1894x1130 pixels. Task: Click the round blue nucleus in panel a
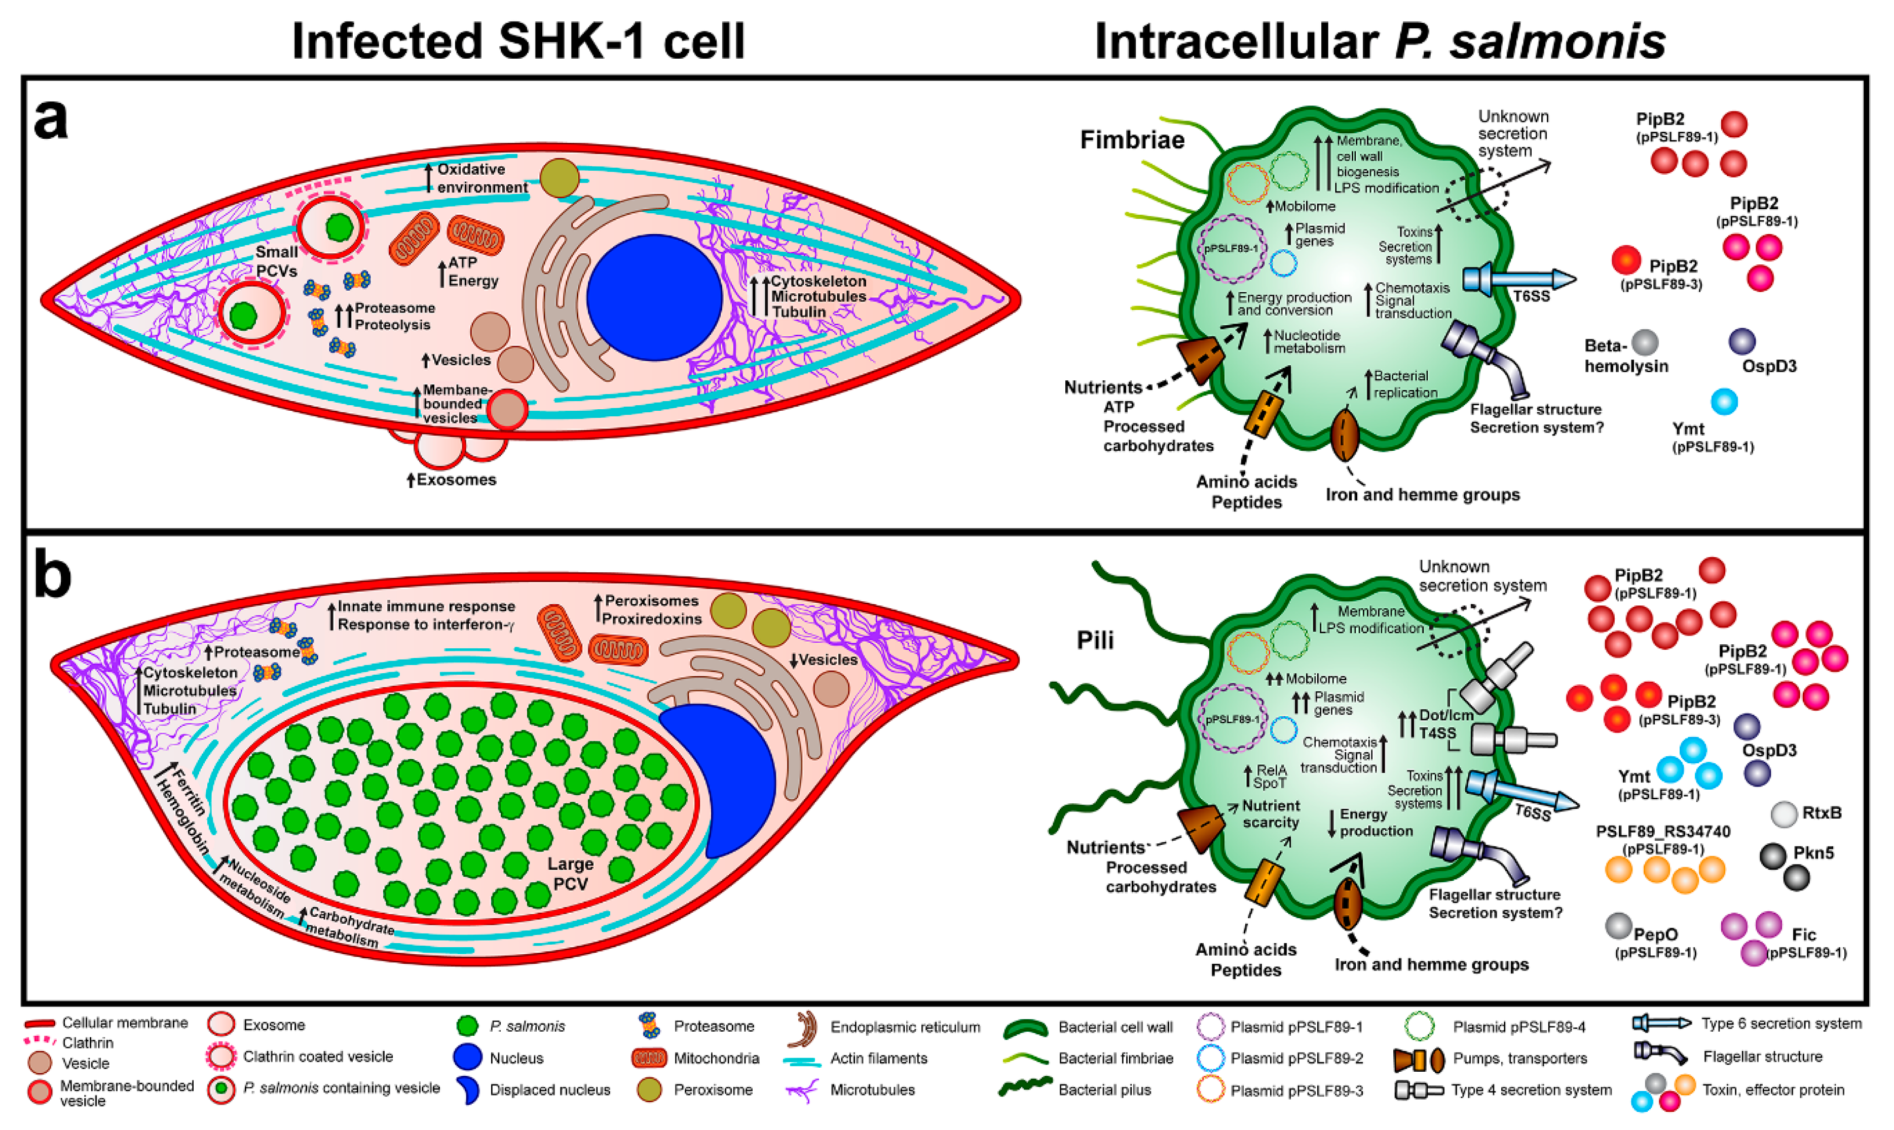point(654,297)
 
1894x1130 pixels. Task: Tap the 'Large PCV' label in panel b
point(570,873)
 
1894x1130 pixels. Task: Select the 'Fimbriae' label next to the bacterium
point(1132,140)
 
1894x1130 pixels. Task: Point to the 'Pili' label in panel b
point(1095,640)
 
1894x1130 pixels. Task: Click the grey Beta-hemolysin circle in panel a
point(1645,343)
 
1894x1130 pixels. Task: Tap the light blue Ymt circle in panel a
point(1724,401)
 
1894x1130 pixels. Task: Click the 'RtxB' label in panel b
point(1821,812)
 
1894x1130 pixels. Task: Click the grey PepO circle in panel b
point(1618,926)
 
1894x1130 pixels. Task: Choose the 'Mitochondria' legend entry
point(716,1058)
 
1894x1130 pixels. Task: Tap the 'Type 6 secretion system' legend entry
point(1780,1024)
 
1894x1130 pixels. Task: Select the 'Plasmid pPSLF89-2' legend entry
point(1296,1058)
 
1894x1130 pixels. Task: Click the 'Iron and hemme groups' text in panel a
point(1423,495)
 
